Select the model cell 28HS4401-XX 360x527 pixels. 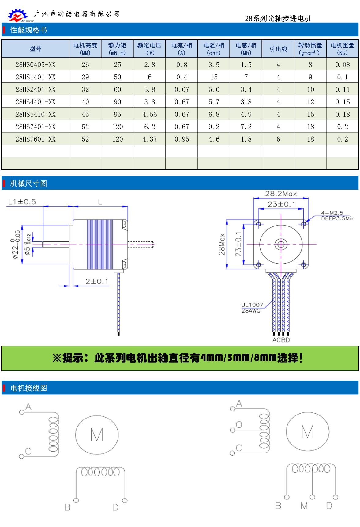click(36, 102)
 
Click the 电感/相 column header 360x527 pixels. click(246, 49)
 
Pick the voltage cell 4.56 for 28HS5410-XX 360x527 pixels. click(149, 115)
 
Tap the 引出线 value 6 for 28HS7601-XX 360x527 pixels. click(278, 139)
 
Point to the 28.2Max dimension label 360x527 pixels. click(281, 194)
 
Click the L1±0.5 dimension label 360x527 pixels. click(22, 202)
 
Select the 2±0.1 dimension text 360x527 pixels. click(97, 281)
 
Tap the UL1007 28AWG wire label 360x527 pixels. click(252, 308)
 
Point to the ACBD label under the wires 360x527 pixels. click(281, 340)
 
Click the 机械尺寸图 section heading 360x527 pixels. click(28, 184)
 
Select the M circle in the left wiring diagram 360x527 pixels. click(97, 435)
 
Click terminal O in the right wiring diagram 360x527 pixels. click(239, 425)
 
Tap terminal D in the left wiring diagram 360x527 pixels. click(115, 507)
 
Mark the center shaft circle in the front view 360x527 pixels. click(281, 245)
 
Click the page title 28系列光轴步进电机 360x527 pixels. click(278, 19)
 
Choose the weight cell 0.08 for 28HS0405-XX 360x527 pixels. click(342, 65)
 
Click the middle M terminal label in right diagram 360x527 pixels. click(304, 506)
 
